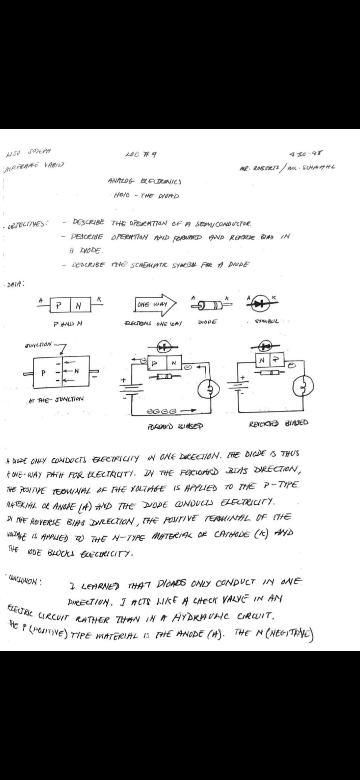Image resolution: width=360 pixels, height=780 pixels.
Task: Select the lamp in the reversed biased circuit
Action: pyautogui.click(x=303, y=387)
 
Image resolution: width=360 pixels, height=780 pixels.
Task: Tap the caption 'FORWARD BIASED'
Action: pyautogui.click(x=175, y=426)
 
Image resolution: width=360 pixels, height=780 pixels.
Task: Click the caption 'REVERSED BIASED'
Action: pyautogui.click(x=278, y=424)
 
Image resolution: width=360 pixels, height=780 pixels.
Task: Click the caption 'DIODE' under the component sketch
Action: pyautogui.click(x=207, y=322)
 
